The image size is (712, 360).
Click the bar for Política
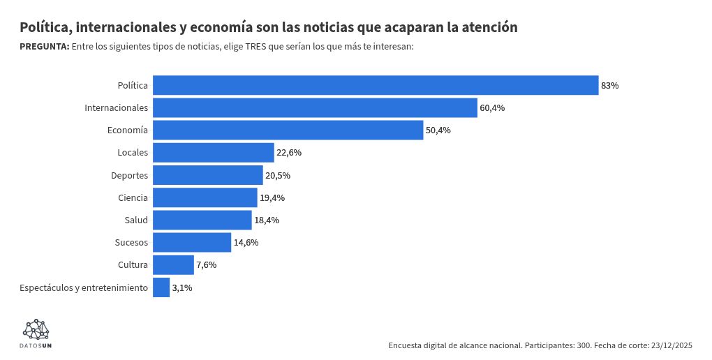coord(376,85)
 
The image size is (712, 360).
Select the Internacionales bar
coord(315,108)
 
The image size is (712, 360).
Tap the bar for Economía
coord(288,130)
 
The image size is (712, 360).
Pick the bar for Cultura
coord(173,265)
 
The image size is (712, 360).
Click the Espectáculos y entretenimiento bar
coord(161,287)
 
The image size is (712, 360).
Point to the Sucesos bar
coord(192,243)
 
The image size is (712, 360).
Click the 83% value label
coord(610,86)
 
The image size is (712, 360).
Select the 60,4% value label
coord(492,108)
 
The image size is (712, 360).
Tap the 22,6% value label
coord(289,153)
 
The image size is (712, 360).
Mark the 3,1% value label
coord(182,287)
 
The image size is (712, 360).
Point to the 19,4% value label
coord(272,198)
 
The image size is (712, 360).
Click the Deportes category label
coord(129,175)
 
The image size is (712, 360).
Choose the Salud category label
coord(136,220)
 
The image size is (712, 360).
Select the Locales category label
coord(133,153)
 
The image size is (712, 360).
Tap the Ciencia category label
coord(133,198)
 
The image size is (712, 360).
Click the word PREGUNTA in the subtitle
coord(44,46)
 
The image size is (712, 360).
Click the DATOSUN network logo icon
coord(36,329)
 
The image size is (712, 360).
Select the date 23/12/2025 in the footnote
coord(672,345)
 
